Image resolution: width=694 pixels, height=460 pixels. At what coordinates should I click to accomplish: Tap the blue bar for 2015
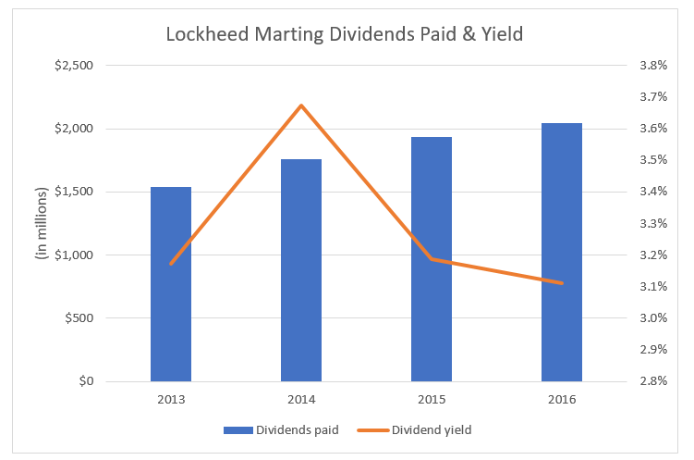(432, 259)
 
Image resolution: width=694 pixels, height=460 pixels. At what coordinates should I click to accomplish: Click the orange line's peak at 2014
(301, 106)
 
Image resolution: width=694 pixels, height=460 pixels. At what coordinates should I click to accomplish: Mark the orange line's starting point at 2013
(171, 264)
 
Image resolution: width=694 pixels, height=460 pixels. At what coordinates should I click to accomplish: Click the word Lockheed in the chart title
(203, 35)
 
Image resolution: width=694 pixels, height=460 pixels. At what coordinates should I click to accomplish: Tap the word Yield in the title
(503, 35)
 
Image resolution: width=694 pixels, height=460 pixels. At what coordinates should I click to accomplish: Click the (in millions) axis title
(42, 223)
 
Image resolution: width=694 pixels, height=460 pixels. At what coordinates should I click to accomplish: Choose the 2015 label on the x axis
(432, 399)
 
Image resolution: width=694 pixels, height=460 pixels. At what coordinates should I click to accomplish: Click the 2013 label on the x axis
(171, 399)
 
